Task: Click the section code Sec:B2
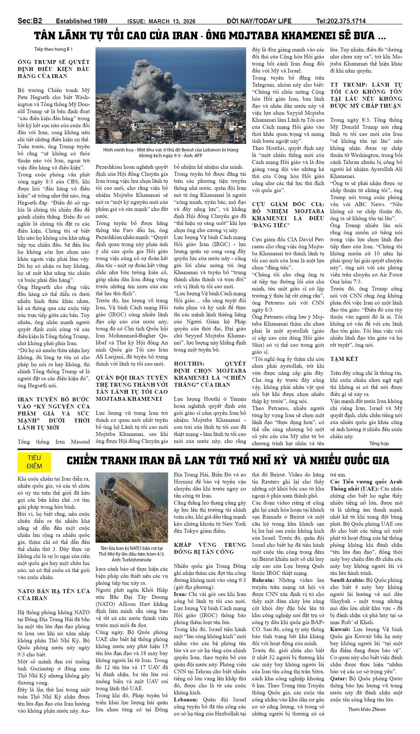[x=30, y=21]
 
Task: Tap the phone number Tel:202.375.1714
[x=341, y=21]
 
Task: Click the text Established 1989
[x=81, y=21]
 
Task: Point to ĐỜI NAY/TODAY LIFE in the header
[x=259, y=21]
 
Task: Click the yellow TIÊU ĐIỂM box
[x=34, y=461]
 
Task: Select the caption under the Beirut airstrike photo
[x=171, y=152]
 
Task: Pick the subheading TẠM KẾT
[x=344, y=359]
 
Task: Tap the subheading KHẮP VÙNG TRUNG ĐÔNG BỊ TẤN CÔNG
[x=210, y=548]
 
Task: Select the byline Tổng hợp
[x=379, y=444]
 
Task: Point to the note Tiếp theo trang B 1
[x=54, y=49]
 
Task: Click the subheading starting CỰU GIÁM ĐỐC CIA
[x=288, y=215]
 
